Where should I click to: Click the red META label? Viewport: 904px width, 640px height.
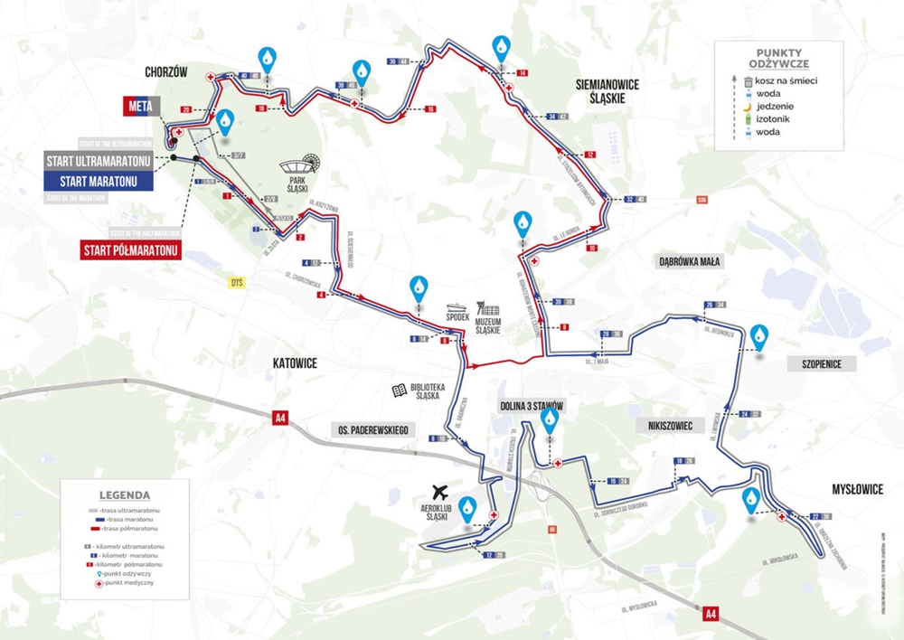coord(140,107)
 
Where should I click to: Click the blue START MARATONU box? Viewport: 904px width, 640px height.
coord(99,181)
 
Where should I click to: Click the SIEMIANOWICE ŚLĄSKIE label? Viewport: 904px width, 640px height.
coord(607,91)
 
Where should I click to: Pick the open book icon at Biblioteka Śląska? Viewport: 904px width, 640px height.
coord(398,391)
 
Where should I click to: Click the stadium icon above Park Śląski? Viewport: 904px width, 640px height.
coord(299,166)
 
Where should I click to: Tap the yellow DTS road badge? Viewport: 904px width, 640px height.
coord(238,283)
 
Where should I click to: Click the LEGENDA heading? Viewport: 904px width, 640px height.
coord(126,494)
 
